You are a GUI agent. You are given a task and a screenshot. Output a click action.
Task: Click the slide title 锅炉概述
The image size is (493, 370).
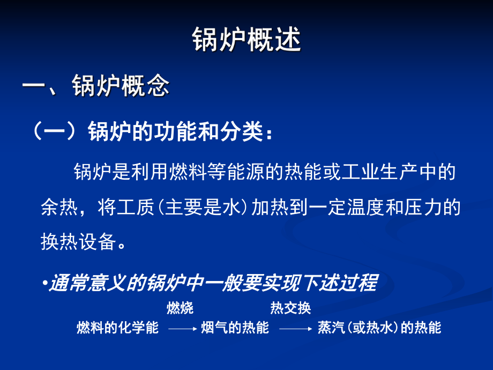click(x=246, y=41)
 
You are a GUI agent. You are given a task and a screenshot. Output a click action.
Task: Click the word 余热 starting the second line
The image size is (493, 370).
click(x=56, y=208)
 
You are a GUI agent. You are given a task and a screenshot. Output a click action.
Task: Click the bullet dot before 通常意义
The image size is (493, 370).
click(x=45, y=283)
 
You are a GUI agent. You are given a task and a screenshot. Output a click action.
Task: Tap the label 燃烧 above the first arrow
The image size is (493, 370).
click(x=180, y=308)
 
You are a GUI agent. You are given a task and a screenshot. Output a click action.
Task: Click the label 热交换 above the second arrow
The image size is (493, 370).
click(x=290, y=308)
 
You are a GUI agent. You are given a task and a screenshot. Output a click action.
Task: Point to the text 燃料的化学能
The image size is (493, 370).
click(x=118, y=328)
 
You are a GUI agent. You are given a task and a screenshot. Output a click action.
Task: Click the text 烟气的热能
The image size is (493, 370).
click(x=235, y=328)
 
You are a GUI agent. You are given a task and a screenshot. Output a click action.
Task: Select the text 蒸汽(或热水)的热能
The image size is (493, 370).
click(x=379, y=328)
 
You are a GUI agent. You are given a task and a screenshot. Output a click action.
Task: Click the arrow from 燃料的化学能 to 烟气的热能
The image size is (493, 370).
click(x=183, y=329)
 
